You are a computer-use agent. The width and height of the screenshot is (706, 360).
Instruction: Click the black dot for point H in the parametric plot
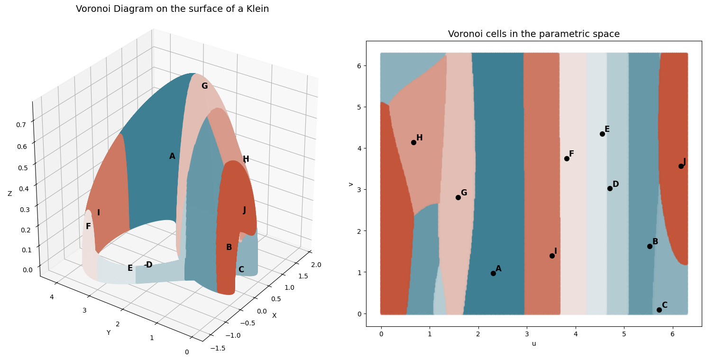tap(413, 142)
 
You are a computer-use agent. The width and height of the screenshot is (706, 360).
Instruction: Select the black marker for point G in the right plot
tap(458, 197)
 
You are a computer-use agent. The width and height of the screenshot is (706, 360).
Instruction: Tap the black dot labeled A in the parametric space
tap(493, 273)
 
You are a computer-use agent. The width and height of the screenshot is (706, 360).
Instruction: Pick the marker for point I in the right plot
tap(552, 256)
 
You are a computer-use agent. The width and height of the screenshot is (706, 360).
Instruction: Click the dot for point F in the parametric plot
tap(567, 158)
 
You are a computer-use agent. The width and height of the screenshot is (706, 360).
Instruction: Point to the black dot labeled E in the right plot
tap(602, 134)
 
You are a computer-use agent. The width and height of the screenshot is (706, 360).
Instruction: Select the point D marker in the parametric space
tap(610, 188)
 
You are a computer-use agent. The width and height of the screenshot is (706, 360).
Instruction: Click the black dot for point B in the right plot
tap(650, 246)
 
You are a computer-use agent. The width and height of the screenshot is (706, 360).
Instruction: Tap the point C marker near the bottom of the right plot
tap(659, 310)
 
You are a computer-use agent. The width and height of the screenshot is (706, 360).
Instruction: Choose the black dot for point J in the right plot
tap(681, 166)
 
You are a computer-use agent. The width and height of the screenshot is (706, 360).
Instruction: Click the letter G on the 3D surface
tap(204, 86)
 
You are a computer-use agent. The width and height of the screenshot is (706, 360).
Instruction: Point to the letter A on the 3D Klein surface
tap(172, 157)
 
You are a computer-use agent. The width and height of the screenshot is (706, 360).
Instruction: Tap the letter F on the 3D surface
tap(88, 227)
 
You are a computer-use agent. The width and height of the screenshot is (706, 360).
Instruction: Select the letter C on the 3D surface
tap(241, 270)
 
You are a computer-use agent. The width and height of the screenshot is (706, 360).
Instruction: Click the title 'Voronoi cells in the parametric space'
tap(533, 34)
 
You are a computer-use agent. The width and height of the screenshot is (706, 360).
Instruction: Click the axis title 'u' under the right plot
tap(534, 343)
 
